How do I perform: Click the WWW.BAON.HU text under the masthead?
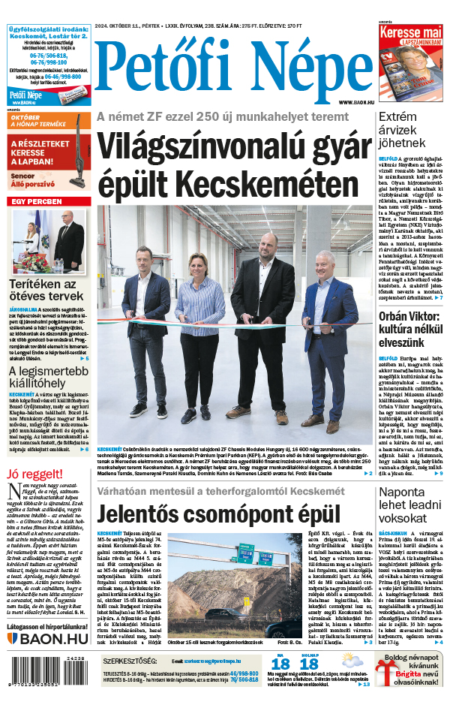coord(355,102)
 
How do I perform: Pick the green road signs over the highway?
coord(244,556)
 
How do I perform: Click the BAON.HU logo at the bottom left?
coord(48,639)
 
